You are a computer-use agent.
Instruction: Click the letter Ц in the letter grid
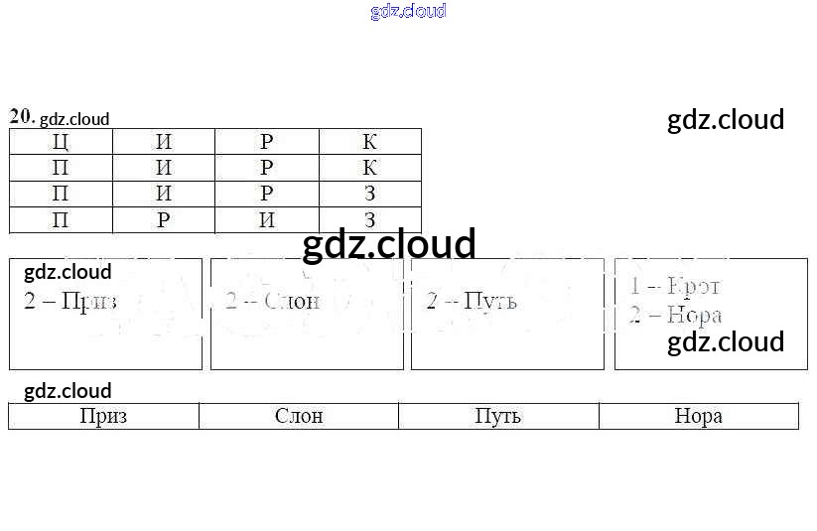click(x=61, y=142)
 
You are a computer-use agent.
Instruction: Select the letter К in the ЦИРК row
click(x=369, y=142)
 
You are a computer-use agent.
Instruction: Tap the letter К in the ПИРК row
click(x=369, y=168)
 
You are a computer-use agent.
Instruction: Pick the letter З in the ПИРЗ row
click(x=369, y=194)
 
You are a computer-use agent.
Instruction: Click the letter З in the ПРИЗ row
click(x=369, y=219)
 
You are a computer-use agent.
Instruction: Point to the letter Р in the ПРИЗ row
click(x=164, y=219)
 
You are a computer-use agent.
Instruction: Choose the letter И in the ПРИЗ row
click(x=267, y=219)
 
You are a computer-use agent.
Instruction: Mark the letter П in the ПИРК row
click(x=61, y=168)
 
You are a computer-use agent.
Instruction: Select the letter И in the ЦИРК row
click(x=164, y=142)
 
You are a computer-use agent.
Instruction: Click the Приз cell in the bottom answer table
click(x=103, y=416)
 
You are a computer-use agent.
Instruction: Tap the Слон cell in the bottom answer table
click(x=299, y=416)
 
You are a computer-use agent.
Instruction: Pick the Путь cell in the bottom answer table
click(x=498, y=416)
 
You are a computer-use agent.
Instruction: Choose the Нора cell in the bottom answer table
click(x=698, y=416)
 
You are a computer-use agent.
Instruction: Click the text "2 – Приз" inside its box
click(x=70, y=301)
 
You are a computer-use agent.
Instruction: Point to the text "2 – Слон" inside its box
click(x=272, y=301)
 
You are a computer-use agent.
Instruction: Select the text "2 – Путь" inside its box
click(x=472, y=301)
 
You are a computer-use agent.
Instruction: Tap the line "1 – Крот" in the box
click(x=674, y=287)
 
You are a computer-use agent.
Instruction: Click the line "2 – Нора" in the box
click(x=675, y=316)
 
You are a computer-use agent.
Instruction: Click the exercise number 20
click(x=21, y=116)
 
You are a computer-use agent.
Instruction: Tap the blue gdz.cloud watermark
click(x=408, y=11)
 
